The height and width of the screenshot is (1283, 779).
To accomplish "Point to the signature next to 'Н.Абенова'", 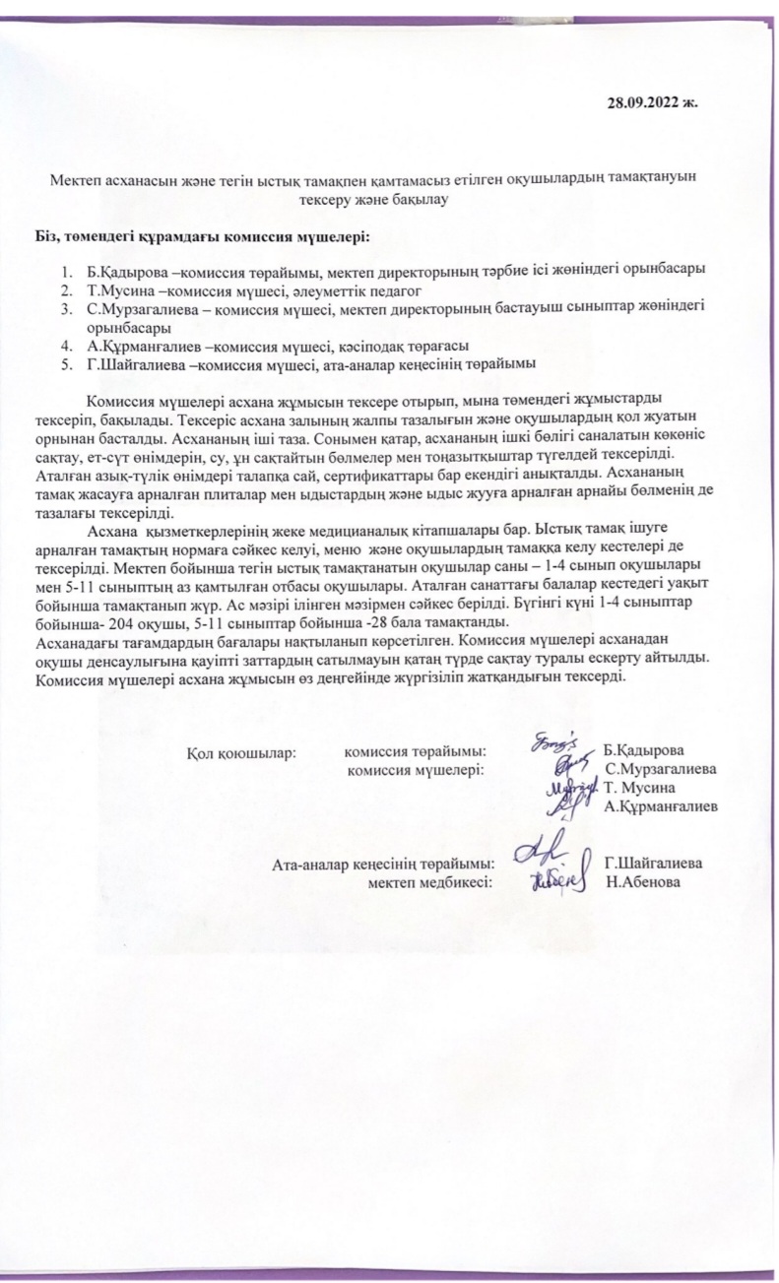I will [558, 879].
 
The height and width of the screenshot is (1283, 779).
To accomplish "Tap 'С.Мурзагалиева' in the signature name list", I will [661, 769].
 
